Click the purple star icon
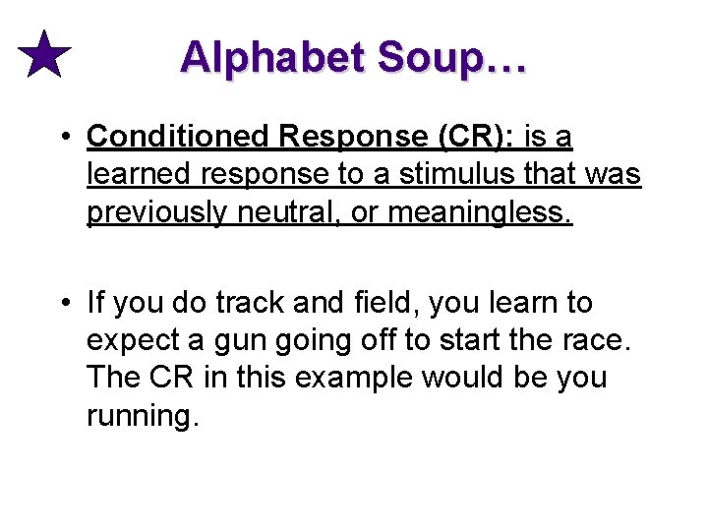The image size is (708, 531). [45, 55]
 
